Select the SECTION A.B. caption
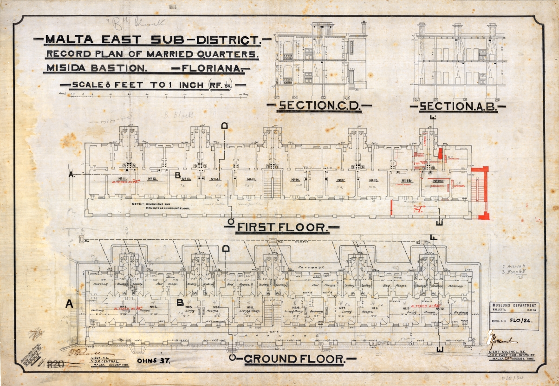[x=457, y=107]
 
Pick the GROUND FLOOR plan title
[x=294, y=359]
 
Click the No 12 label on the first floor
[x=153, y=179]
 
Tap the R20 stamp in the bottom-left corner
[x=56, y=364]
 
